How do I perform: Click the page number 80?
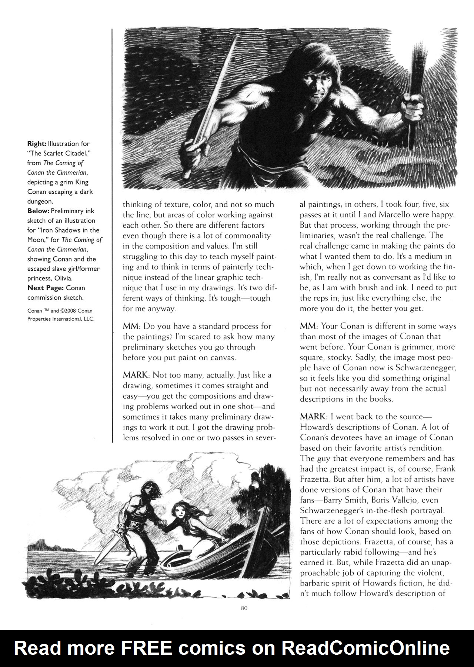[x=244, y=608]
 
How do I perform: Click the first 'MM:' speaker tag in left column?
[x=131, y=326]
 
